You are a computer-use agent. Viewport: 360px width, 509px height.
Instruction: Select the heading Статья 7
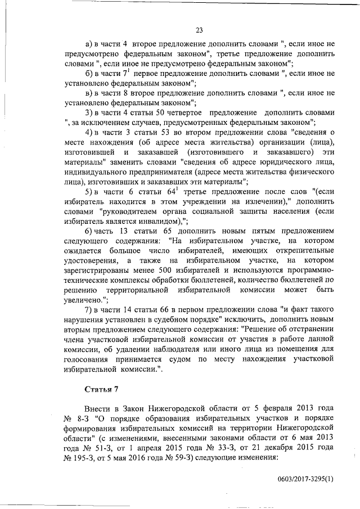pos(100,389)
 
